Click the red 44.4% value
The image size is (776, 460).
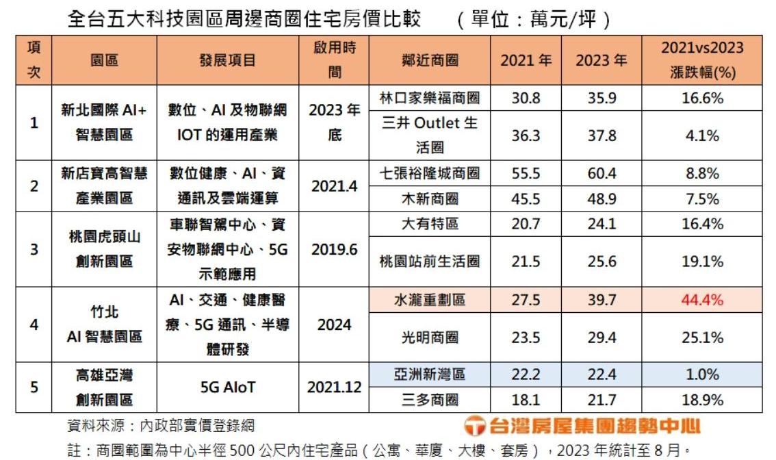click(701, 300)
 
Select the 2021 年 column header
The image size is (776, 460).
click(526, 60)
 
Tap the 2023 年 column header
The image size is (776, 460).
click(601, 60)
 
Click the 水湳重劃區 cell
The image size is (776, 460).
click(430, 300)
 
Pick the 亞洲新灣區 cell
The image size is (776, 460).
click(430, 374)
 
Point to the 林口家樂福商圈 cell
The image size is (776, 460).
click(430, 98)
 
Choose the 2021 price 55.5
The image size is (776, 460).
click(526, 173)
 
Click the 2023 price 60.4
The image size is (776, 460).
click(602, 173)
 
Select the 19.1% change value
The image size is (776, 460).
click(701, 261)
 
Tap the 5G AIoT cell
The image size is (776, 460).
click(228, 387)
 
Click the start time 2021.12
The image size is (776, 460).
click(334, 387)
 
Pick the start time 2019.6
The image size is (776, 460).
click(334, 250)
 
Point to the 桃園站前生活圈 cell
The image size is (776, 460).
click(430, 261)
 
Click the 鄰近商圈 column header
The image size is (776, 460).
click(430, 60)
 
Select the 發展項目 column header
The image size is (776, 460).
click(228, 60)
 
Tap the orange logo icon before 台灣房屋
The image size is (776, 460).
click(475, 426)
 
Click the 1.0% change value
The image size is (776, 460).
click(701, 374)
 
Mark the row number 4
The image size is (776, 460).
click(34, 324)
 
